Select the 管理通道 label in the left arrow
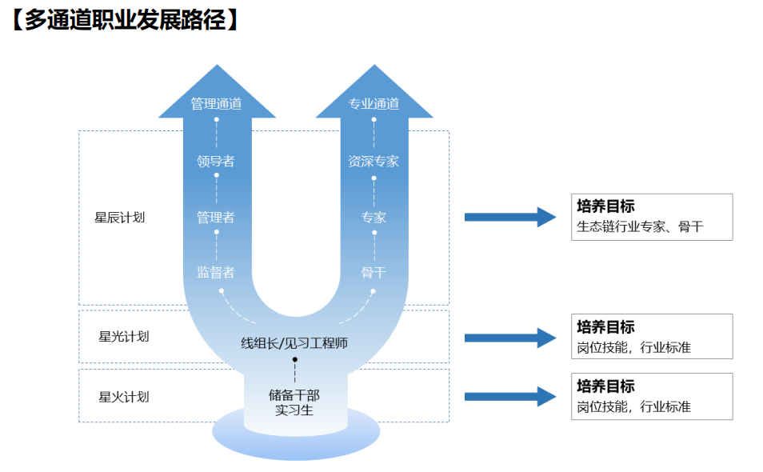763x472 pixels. pos(216,103)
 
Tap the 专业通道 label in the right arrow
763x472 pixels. pos(374,103)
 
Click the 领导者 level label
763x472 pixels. pos(216,161)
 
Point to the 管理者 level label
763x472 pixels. pos(216,217)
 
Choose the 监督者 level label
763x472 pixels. pos(216,272)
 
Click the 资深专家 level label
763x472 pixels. pos(374,161)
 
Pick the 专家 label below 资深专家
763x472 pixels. pos(374,217)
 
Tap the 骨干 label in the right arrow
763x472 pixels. pos(374,272)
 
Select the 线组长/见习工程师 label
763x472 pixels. pos(294,343)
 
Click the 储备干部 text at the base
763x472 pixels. pos(294,394)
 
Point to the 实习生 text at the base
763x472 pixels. pos(294,410)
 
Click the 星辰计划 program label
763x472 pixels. pos(120,217)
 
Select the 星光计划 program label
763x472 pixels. pos(124,336)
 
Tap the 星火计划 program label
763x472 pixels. pos(124,396)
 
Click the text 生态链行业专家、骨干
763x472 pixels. pos(640,226)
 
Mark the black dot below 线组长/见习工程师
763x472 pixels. pos(294,360)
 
